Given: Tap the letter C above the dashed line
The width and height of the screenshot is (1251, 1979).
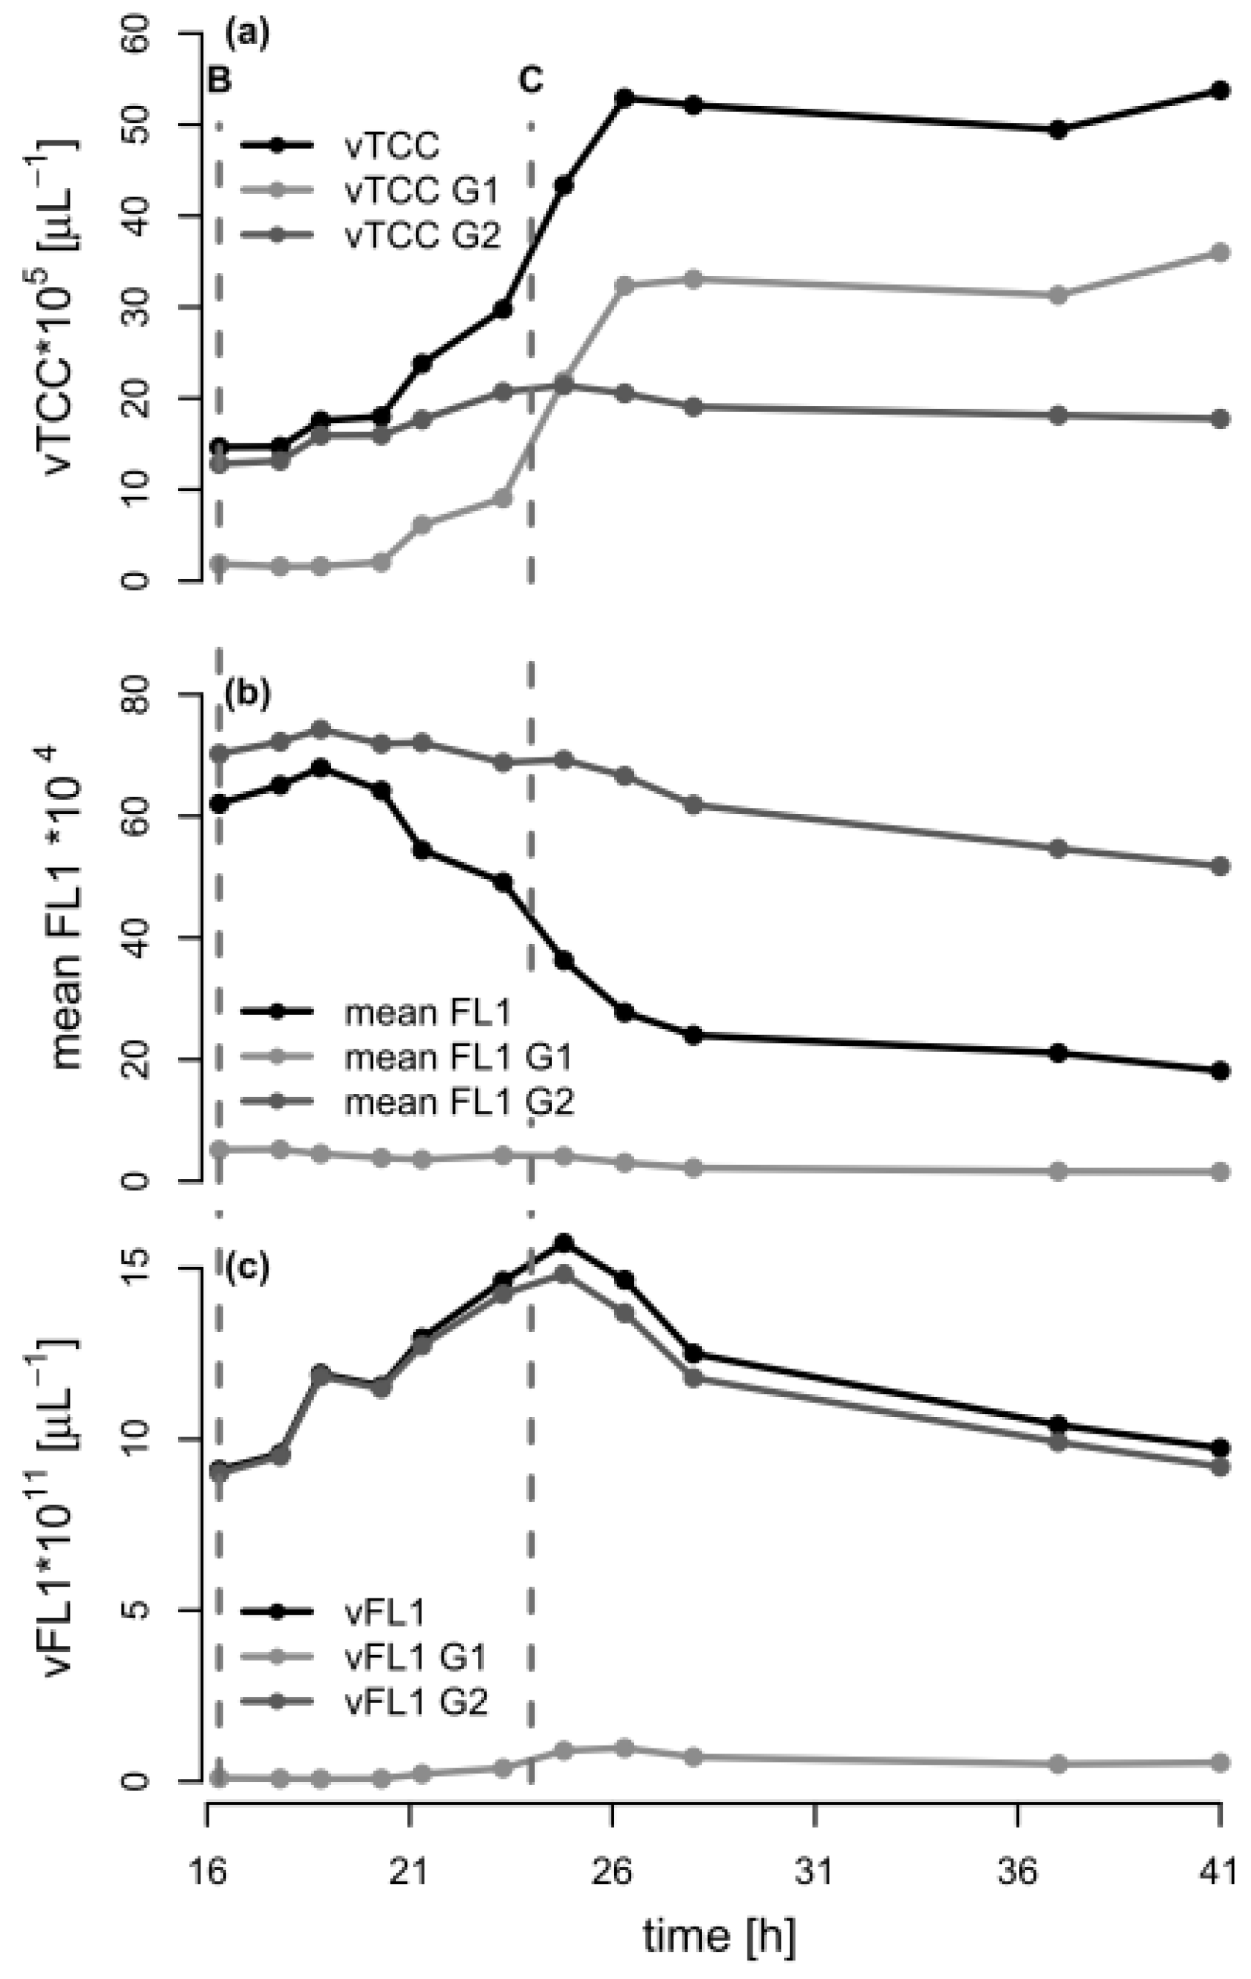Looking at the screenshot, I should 531,80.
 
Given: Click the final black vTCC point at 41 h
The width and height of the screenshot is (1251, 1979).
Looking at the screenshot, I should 1220,91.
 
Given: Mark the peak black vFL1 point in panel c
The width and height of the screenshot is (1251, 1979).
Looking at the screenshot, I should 564,1243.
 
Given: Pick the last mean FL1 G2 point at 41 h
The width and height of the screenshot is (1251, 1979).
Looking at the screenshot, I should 1220,867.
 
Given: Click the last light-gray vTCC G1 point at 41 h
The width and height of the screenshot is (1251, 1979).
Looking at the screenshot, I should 1220,252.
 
